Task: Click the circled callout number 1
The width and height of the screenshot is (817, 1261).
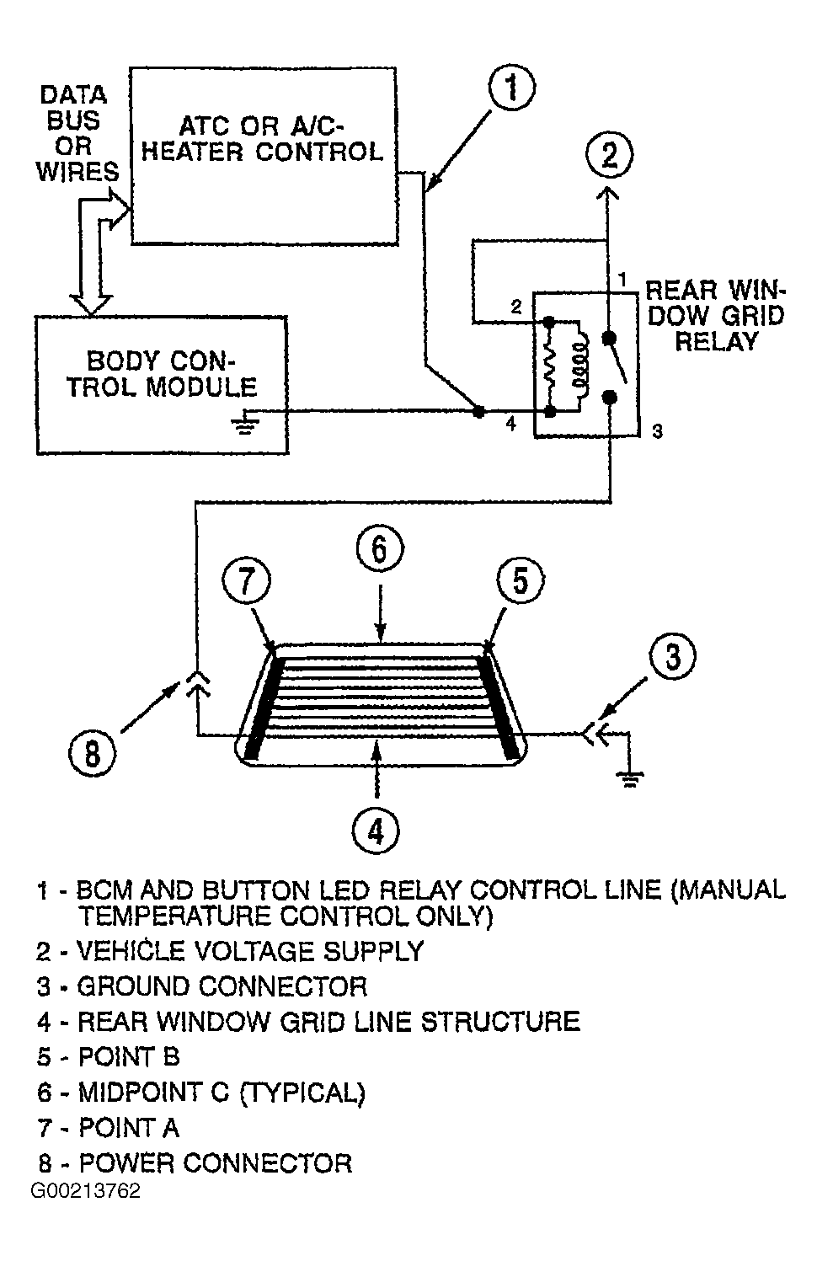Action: click(511, 89)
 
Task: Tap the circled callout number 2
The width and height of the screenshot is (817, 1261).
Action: click(610, 155)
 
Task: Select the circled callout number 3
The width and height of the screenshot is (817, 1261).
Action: click(672, 656)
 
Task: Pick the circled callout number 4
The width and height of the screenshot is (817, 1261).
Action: click(376, 831)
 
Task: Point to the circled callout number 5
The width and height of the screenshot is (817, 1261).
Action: click(521, 580)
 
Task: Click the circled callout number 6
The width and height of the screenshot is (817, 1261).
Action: click(380, 548)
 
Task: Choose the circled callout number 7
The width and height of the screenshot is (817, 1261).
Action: click(246, 580)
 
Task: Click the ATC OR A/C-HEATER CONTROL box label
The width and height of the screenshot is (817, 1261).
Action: click(262, 138)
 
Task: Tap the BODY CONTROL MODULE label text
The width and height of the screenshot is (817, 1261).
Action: click(162, 374)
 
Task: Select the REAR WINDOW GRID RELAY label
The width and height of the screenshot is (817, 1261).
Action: click(715, 315)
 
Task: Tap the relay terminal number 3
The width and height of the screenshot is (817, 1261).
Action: click(657, 432)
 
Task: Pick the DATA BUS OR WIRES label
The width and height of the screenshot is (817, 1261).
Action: click(77, 134)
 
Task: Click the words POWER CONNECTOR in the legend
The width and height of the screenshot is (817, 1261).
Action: click(216, 1163)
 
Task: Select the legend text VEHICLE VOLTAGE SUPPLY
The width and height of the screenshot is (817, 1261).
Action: click(250, 951)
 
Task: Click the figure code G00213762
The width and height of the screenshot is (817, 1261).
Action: click(86, 1191)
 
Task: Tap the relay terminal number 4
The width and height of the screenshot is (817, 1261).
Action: click(510, 424)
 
